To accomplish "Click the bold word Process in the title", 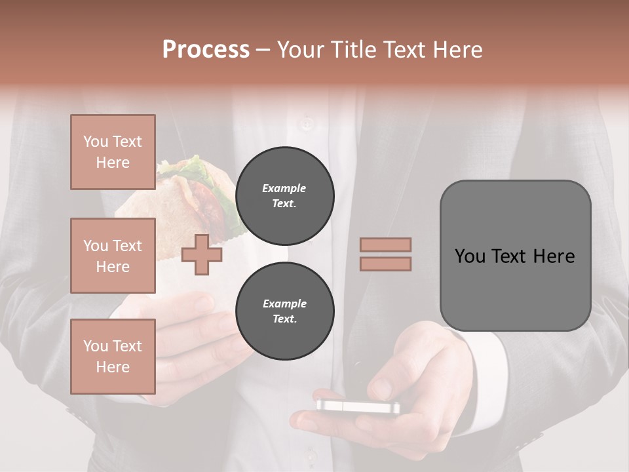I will [206, 50].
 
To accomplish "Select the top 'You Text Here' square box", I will [113, 152].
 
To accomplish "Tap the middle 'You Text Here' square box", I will [113, 256].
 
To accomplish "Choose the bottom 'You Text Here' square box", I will [113, 357].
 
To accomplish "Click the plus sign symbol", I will [201, 254].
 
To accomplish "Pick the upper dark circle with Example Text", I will [284, 196].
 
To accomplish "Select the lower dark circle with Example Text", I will [284, 311].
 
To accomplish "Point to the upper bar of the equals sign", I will [385, 245].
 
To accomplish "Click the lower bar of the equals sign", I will [385, 264].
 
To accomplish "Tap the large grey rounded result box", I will [515, 256].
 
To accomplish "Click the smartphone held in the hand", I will [358, 406].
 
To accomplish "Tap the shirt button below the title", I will [306, 122].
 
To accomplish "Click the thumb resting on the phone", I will [383, 387].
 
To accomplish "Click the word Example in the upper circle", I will [284, 189].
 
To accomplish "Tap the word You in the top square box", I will [96, 142].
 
